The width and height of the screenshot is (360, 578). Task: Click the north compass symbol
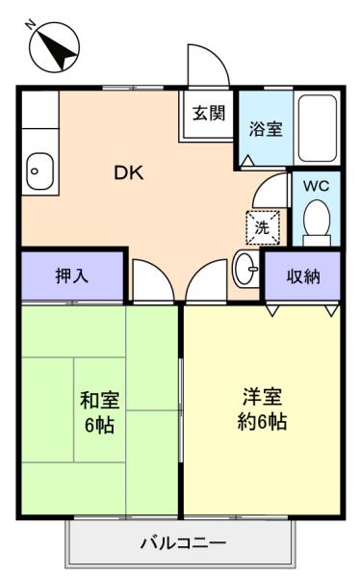click(55, 47)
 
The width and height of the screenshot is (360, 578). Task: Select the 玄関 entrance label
click(209, 113)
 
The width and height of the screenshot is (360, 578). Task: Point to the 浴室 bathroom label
click(266, 129)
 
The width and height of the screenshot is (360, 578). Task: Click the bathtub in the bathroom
click(318, 128)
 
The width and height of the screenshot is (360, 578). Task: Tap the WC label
click(316, 186)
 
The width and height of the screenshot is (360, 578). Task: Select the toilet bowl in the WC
click(317, 219)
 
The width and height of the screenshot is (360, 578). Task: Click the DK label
click(129, 172)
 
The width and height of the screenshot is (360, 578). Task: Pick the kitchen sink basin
click(40, 171)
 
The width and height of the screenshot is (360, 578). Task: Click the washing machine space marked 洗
click(263, 227)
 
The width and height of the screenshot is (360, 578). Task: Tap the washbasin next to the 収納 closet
click(246, 269)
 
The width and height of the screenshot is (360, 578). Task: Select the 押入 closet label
click(72, 276)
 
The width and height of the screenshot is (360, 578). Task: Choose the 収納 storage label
click(303, 276)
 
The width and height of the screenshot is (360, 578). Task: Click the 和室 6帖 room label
click(100, 412)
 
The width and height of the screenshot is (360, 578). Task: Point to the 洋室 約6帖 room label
click(262, 408)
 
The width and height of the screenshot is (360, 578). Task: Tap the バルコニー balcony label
click(183, 543)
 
